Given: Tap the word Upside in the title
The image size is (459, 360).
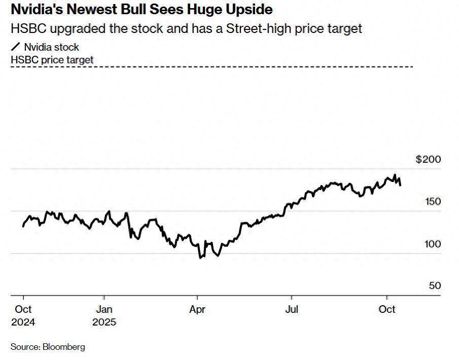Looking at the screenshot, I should click(x=248, y=9).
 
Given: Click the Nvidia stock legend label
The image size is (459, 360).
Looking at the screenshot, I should click(x=51, y=48).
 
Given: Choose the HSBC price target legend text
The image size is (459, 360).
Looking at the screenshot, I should click(x=52, y=60).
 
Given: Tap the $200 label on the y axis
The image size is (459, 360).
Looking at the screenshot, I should click(x=428, y=160).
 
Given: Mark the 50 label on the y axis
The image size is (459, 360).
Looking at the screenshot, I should click(x=435, y=286).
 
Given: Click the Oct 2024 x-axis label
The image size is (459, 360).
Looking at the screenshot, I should click(x=23, y=315).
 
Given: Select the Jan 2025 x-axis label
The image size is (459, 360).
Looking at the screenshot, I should click(x=104, y=315).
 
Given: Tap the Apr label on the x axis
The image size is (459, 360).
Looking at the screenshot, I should click(x=197, y=309).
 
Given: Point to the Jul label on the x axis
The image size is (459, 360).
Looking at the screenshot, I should click(x=292, y=309).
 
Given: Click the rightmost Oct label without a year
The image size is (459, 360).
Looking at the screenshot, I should click(x=387, y=309).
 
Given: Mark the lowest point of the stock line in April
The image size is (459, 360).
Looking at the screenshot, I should click(x=200, y=258).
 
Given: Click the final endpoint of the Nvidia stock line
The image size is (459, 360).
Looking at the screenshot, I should click(x=401, y=186).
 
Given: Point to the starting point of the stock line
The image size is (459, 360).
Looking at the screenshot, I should click(x=23, y=226).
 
